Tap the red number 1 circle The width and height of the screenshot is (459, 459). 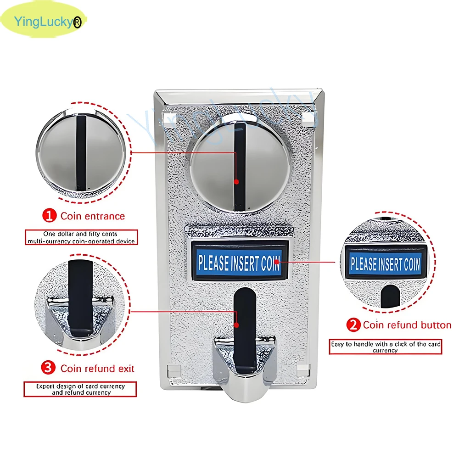tap(49, 216)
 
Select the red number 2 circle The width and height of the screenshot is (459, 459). tap(353, 325)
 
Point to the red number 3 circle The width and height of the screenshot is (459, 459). tap(48, 368)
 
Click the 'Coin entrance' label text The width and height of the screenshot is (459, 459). tap(93, 216)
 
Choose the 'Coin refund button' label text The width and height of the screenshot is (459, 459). tap(407, 325)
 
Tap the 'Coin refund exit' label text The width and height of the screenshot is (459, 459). tap(97, 369)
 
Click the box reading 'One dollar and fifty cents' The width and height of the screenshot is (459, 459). tap(81, 237)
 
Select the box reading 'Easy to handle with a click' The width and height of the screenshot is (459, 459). tap(385, 347)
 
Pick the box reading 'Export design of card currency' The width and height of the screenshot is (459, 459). tap(80, 389)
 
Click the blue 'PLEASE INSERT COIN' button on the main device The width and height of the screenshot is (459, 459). tap(239, 262)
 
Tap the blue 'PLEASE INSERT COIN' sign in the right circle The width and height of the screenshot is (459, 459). tap(385, 263)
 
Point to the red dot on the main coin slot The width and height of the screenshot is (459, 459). tap(236, 182)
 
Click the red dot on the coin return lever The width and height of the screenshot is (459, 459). tap(236, 325)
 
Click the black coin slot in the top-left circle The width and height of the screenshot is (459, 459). tap(81, 153)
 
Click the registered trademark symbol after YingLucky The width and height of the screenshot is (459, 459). tap(77, 22)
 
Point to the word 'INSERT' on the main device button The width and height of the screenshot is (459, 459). tap(245, 263)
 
